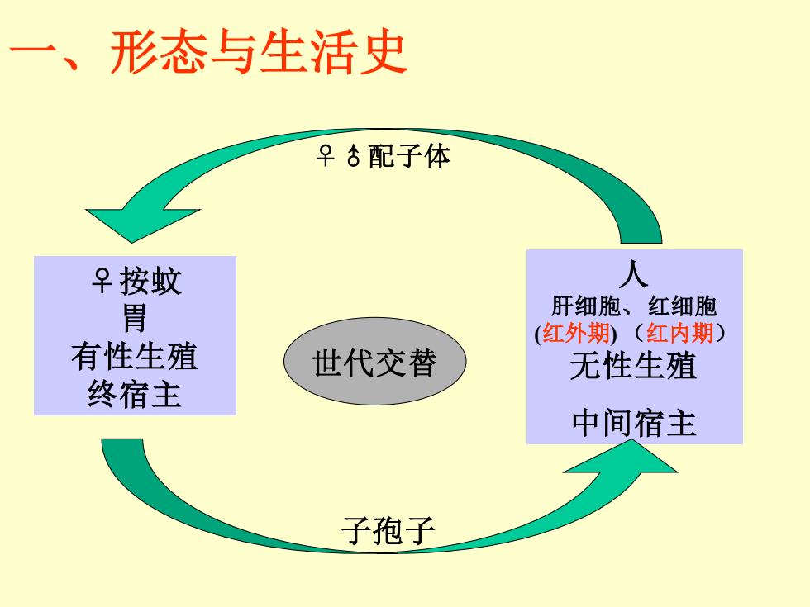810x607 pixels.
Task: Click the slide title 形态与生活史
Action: tap(259, 51)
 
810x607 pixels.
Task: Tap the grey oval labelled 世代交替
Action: tap(375, 361)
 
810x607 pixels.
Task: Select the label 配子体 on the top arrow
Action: tap(409, 155)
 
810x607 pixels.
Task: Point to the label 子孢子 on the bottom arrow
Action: tap(388, 530)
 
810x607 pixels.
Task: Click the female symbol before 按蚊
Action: tap(102, 281)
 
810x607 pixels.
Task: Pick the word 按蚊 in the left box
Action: tap(150, 282)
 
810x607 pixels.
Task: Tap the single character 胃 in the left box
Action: tap(134, 318)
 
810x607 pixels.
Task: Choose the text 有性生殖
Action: tap(134, 356)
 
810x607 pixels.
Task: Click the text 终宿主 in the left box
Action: tap(134, 394)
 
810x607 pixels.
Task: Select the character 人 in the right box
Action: tap(633, 274)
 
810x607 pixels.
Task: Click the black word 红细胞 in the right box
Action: tap(683, 306)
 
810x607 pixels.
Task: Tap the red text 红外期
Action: tap(576, 333)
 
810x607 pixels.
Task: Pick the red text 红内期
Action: tap(679, 333)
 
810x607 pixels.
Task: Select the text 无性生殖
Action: tap(633, 365)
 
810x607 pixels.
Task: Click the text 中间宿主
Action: tap(634, 423)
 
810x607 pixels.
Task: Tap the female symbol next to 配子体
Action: tap(326, 155)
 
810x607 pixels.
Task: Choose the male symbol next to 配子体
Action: tap(354, 155)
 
